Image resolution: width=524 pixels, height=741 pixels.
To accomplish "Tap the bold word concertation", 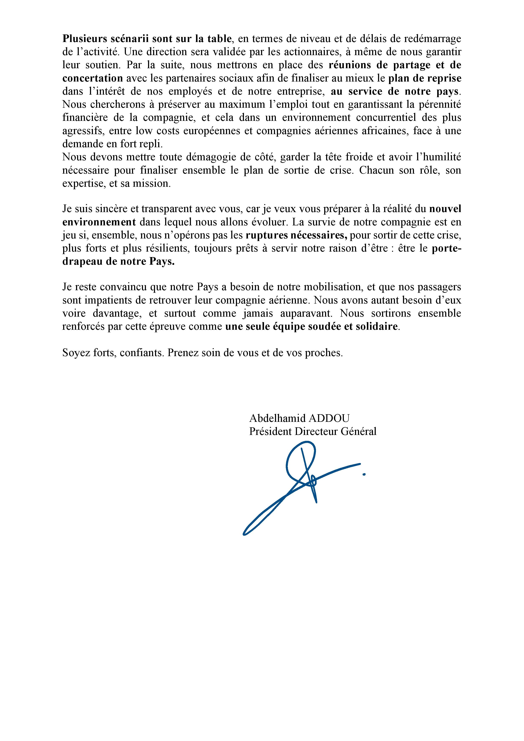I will point(93,78).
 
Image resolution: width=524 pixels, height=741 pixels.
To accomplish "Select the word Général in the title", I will point(359,432).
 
